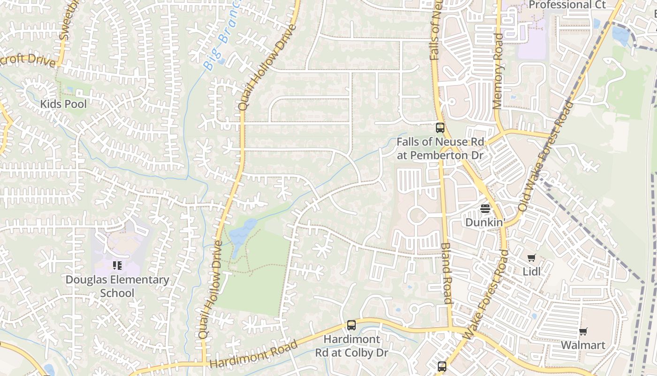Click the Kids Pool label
point(63,104)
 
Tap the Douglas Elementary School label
point(117,286)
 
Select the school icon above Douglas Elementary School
point(117,266)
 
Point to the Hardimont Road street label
point(253,354)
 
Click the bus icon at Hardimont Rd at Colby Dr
point(351,325)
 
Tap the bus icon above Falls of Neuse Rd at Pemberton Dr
point(440,127)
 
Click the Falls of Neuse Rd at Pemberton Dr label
point(440,149)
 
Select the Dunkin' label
point(485,222)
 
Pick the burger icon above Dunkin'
point(485,208)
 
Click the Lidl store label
point(532,272)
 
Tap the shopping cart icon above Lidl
point(531,258)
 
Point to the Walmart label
point(583,345)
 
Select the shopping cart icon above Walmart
point(583,332)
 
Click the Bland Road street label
point(446,273)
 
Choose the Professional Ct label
point(567,5)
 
